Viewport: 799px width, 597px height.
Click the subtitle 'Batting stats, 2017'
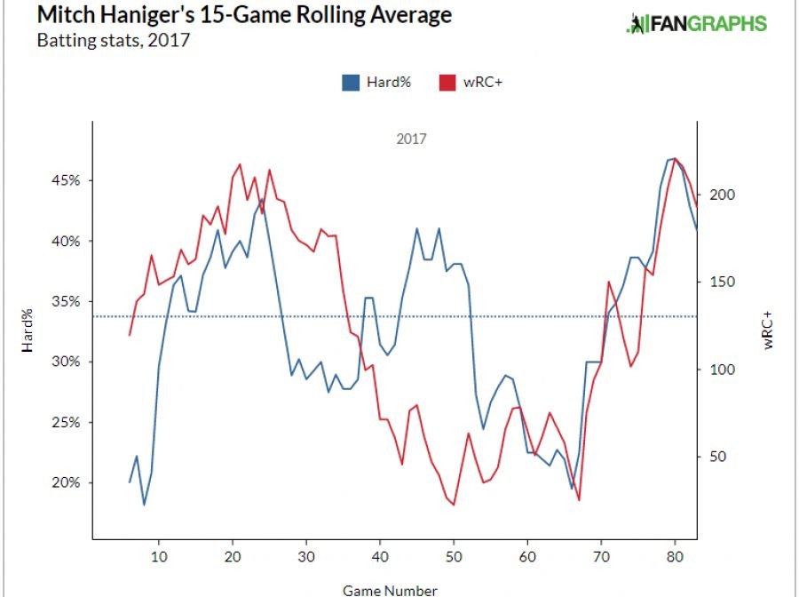click(x=113, y=41)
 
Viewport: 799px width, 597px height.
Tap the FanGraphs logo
click(x=696, y=24)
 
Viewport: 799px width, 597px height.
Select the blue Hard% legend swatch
click(x=350, y=83)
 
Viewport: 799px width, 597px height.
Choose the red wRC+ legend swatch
click(x=447, y=83)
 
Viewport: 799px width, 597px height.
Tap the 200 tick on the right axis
click(x=718, y=195)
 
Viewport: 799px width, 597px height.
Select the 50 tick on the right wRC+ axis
click(x=715, y=458)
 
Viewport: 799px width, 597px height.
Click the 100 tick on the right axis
click(x=718, y=370)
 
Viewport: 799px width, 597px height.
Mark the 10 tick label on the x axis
click(x=158, y=557)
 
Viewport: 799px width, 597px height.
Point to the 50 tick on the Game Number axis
click(x=453, y=557)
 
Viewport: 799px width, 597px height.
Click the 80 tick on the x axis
click(x=675, y=557)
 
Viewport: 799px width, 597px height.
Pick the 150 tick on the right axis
click(x=718, y=283)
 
